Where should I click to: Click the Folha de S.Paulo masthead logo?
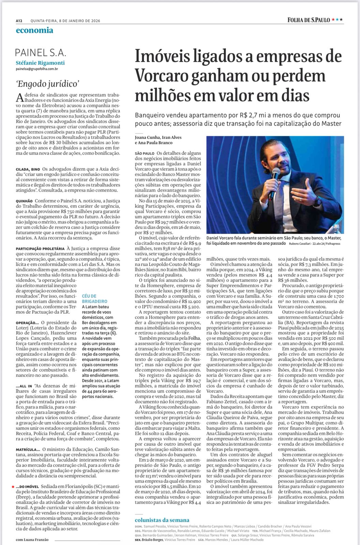coord(309,20)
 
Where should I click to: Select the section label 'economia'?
coord(34,30)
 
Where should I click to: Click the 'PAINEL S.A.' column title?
coord(41,53)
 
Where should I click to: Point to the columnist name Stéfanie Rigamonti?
coord(40,63)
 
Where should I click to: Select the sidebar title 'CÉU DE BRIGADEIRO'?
coord(94,299)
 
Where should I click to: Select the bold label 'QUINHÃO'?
coord(24,201)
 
